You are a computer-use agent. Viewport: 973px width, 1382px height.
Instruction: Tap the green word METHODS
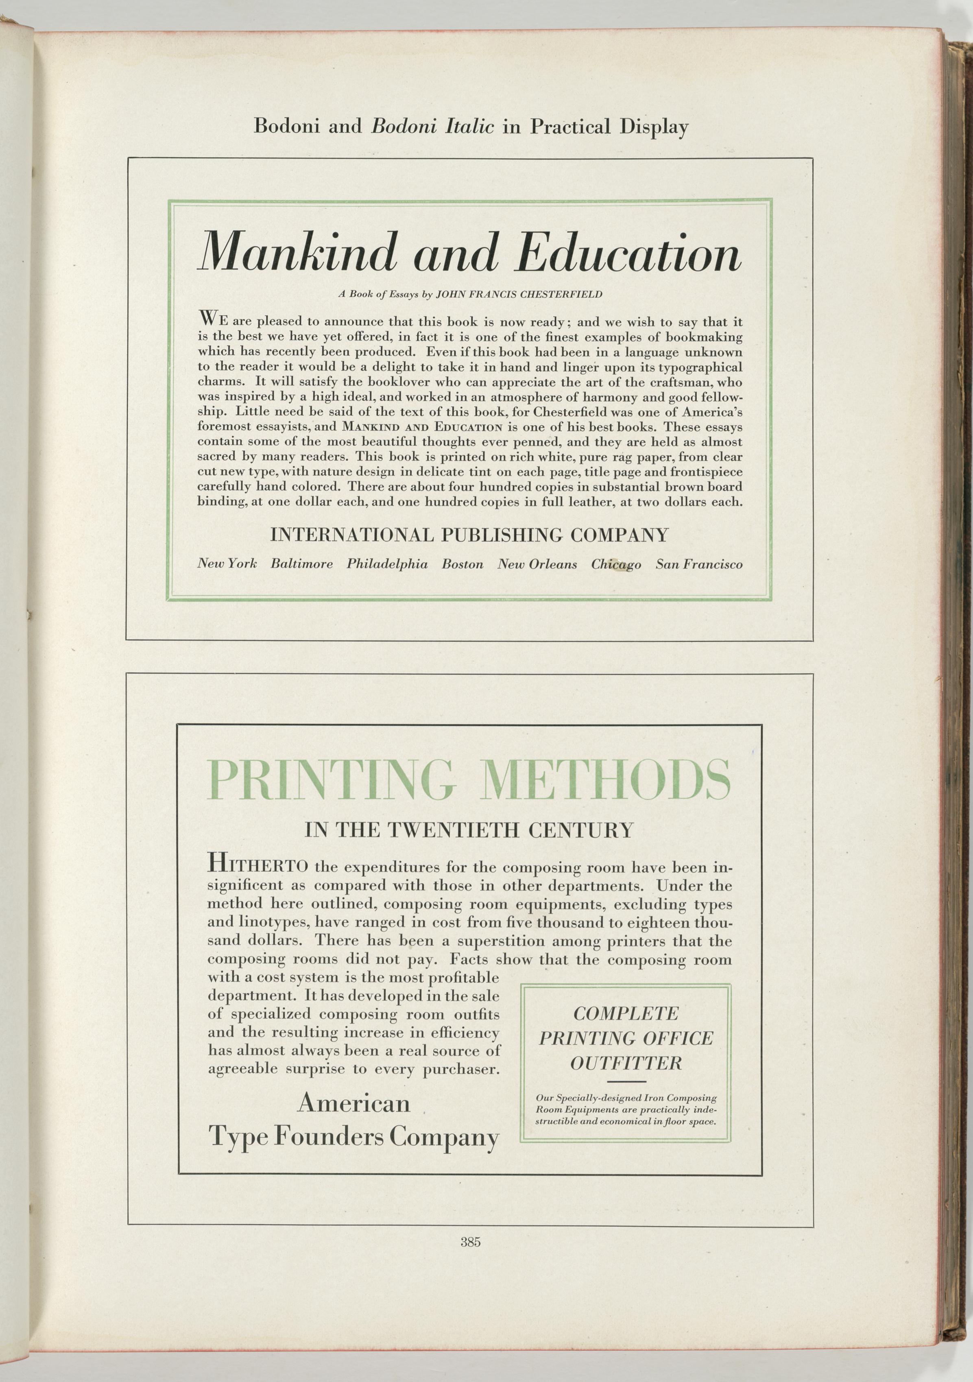click(x=607, y=781)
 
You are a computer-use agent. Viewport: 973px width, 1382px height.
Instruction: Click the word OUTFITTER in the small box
click(x=626, y=1063)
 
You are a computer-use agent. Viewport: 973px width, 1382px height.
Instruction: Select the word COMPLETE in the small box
click(x=626, y=1014)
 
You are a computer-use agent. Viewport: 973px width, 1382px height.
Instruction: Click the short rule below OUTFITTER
click(x=626, y=1082)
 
